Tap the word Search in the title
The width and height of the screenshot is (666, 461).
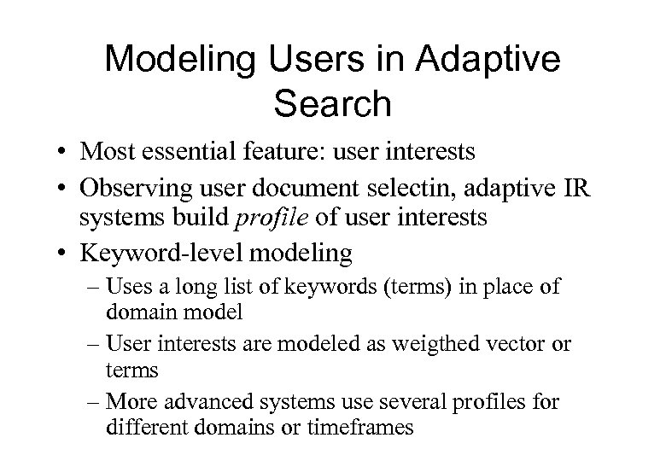coord(332,103)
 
